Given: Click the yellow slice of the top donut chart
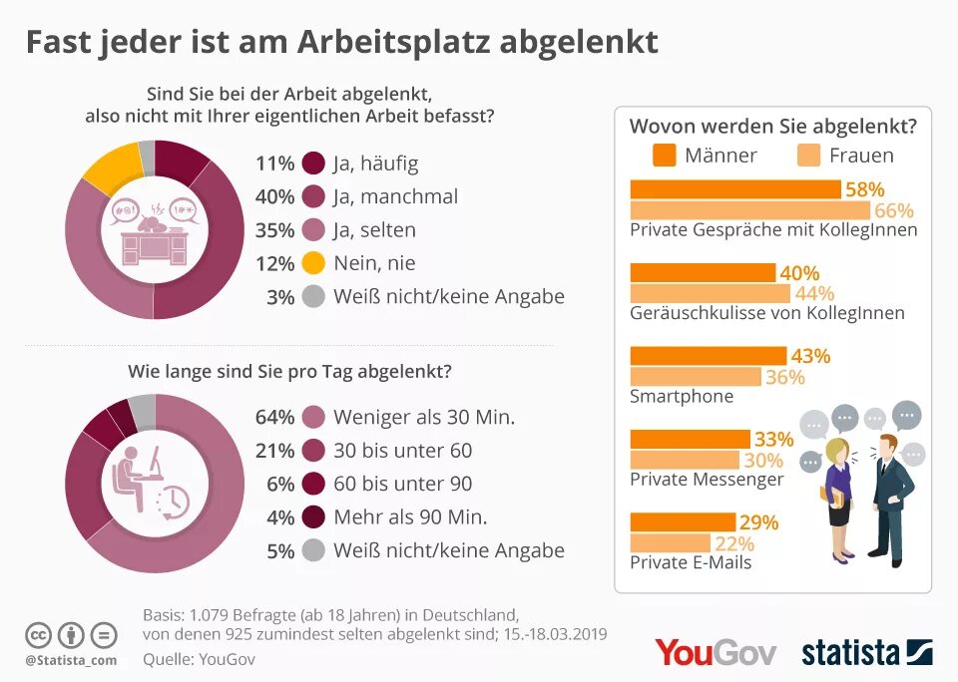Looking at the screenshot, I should [111, 167].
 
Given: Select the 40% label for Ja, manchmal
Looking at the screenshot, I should [274, 196].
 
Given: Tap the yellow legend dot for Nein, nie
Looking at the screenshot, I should [313, 263].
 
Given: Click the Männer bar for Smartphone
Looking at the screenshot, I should [709, 356].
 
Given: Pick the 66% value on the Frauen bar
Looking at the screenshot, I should [894, 210].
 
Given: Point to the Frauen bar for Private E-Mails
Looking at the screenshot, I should [671, 543].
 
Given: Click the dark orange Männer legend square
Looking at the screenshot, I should [665, 156].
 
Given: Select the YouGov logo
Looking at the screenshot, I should [715, 652].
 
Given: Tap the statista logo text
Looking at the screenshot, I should [850, 653].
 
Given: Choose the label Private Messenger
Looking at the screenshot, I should [707, 480].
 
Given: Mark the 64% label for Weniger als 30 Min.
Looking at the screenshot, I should [274, 417].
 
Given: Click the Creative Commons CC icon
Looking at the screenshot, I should [38, 634].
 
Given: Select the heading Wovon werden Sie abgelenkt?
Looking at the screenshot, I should [772, 127].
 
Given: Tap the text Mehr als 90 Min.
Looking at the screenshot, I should [410, 516].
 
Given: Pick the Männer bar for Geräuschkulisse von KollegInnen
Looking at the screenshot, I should [703, 273].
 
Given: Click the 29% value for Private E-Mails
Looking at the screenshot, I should [758, 522].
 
